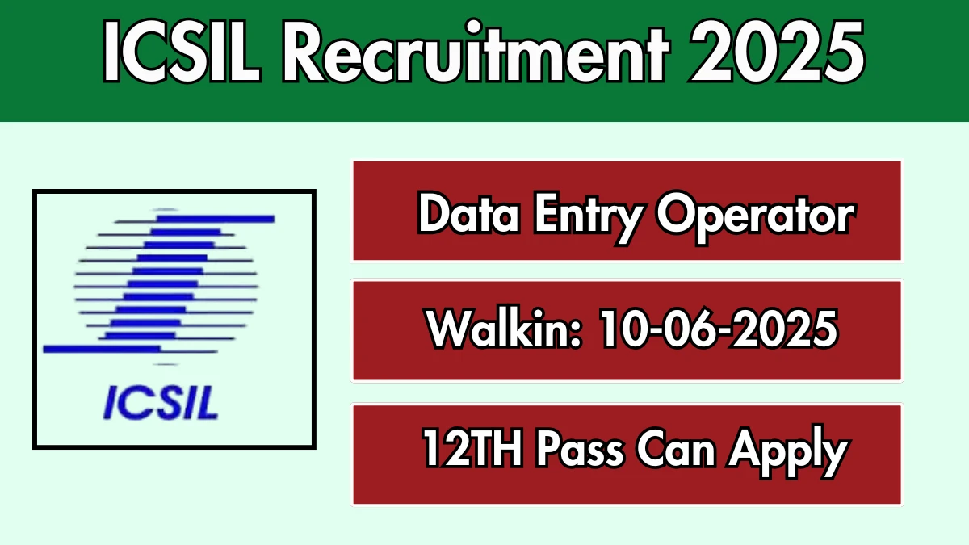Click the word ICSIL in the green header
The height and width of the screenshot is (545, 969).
(x=182, y=52)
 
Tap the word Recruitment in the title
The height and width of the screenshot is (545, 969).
(x=476, y=50)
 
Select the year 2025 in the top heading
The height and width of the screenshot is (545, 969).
(x=778, y=52)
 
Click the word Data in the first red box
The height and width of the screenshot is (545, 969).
(x=469, y=214)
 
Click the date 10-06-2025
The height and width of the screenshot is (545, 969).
(x=719, y=329)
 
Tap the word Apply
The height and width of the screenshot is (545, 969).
(x=789, y=452)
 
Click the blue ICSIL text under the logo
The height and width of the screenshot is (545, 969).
(x=161, y=403)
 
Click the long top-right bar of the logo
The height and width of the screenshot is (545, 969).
(x=215, y=219)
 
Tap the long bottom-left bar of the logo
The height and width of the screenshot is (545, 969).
(x=102, y=349)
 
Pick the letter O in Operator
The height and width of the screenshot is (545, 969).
(x=676, y=215)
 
